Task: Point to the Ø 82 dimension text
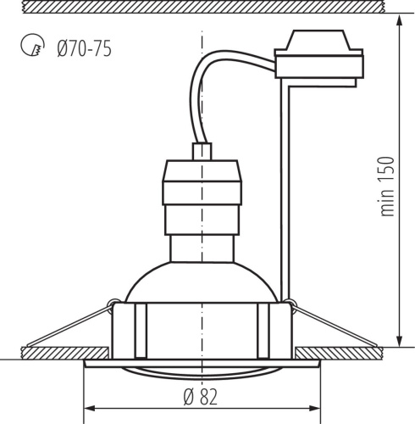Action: [201, 394]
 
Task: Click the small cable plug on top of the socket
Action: [202, 152]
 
